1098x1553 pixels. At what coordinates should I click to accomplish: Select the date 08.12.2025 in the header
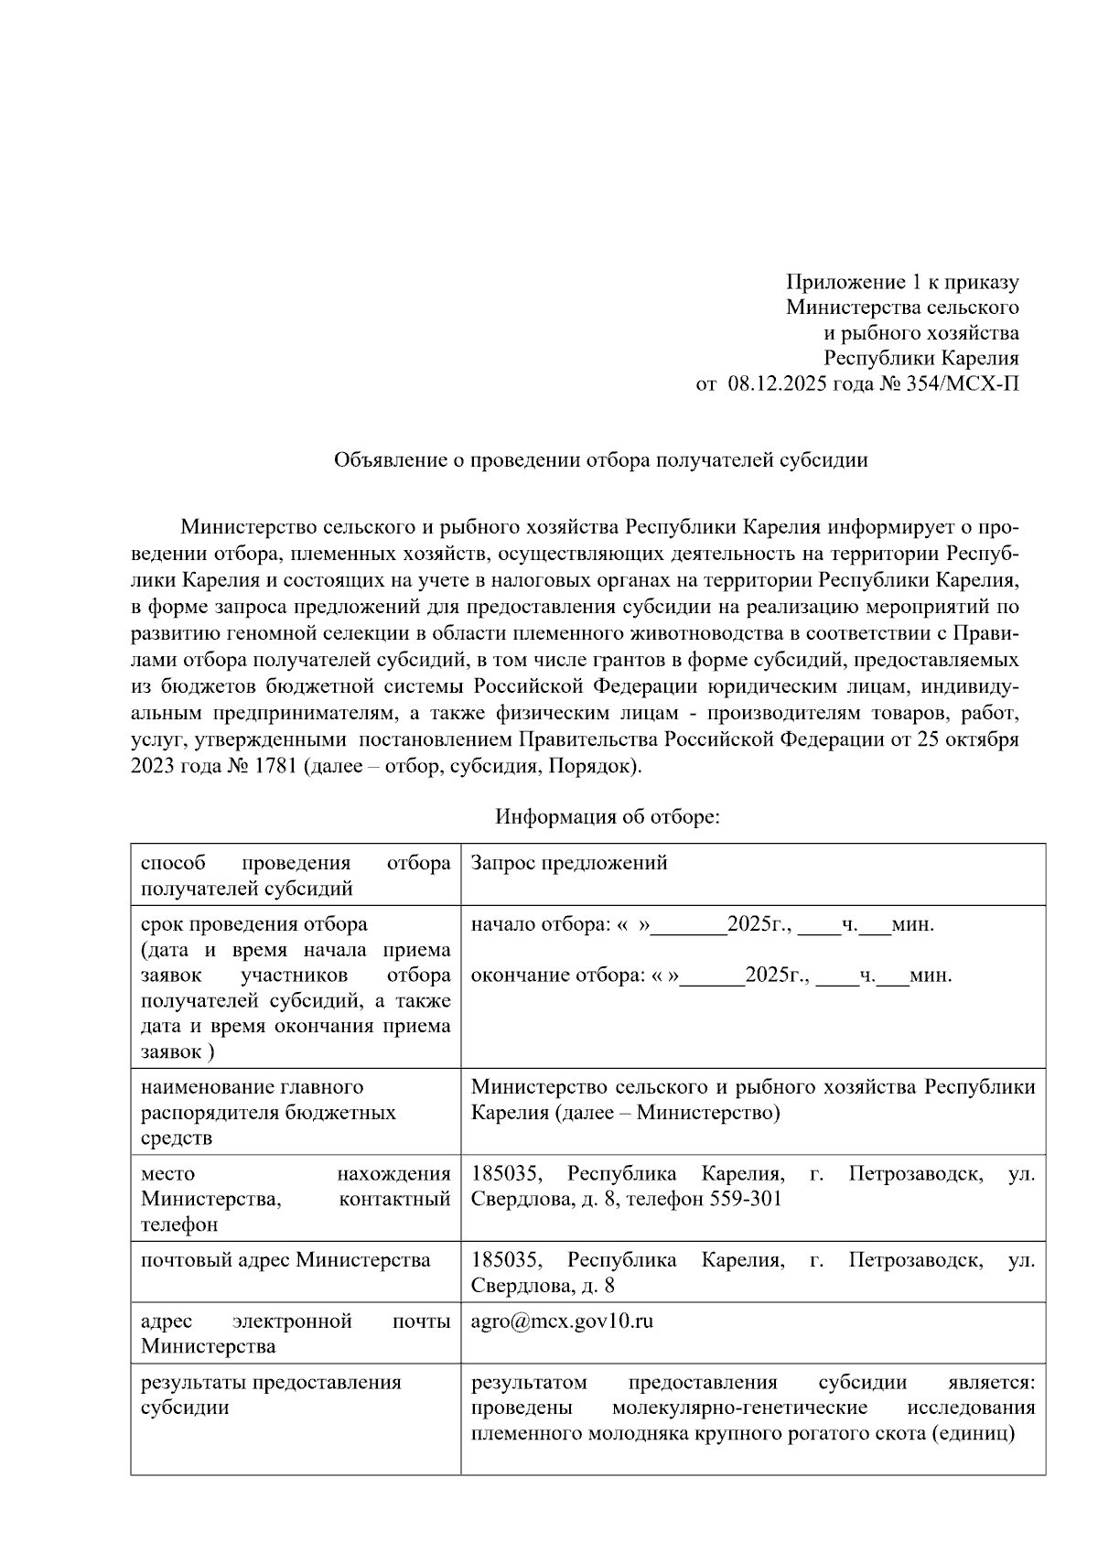[777, 384]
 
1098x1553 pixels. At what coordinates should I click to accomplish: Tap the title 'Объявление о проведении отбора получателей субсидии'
[600, 460]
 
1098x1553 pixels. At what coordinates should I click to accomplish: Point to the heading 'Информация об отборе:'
[608, 816]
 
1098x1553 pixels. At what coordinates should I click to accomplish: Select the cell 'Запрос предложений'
[569, 863]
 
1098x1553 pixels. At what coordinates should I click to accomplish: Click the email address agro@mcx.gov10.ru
[562, 1321]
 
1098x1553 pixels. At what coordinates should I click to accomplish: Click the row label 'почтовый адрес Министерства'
[285, 1260]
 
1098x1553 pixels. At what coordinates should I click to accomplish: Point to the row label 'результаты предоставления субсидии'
[271, 1395]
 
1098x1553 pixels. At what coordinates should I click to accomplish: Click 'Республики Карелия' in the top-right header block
[920, 359]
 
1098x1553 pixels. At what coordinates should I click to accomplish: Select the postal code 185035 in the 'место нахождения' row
[506, 1174]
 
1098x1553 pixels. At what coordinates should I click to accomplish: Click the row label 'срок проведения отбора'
[254, 924]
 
